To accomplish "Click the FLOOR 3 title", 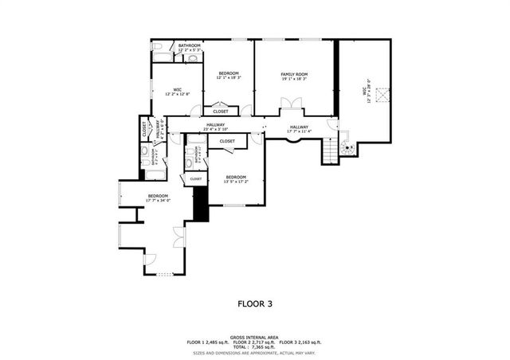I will [255, 303].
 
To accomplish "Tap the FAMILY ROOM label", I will [293, 74].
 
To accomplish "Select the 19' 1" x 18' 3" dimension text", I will [293, 79].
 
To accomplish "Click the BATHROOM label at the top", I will [189, 45].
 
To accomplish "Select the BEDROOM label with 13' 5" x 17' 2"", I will [236, 177].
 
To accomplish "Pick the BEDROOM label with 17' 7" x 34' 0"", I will [157, 196].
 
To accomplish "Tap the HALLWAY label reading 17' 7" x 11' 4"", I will [300, 127].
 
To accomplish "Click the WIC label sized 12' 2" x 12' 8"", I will [177, 89].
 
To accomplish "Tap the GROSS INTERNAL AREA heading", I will [254, 337].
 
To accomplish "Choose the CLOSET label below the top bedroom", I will [221, 112].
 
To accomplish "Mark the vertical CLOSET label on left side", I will [144, 127].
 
